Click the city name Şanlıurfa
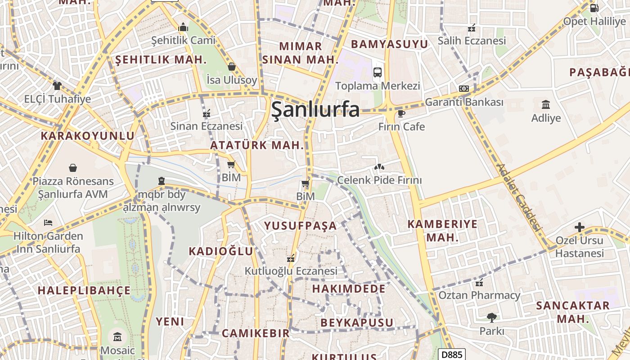(315, 109)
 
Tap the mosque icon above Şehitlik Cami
(183, 27)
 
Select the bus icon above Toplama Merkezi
(378, 72)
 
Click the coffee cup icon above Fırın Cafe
(401, 113)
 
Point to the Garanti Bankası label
(464, 102)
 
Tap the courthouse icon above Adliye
(546, 105)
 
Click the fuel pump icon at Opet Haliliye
(594, 8)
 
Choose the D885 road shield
(451, 354)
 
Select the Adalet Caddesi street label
(518, 198)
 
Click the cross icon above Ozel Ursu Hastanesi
(580, 227)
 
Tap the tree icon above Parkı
(491, 318)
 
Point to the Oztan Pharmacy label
(479, 296)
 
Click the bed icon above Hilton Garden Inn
(48, 223)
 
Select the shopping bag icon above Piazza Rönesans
(73, 168)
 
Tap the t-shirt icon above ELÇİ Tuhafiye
(57, 85)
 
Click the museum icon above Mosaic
(117, 336)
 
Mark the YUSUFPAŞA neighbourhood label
(300, 226)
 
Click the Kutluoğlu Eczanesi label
(291, 271)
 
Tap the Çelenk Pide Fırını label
(379, 180)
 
